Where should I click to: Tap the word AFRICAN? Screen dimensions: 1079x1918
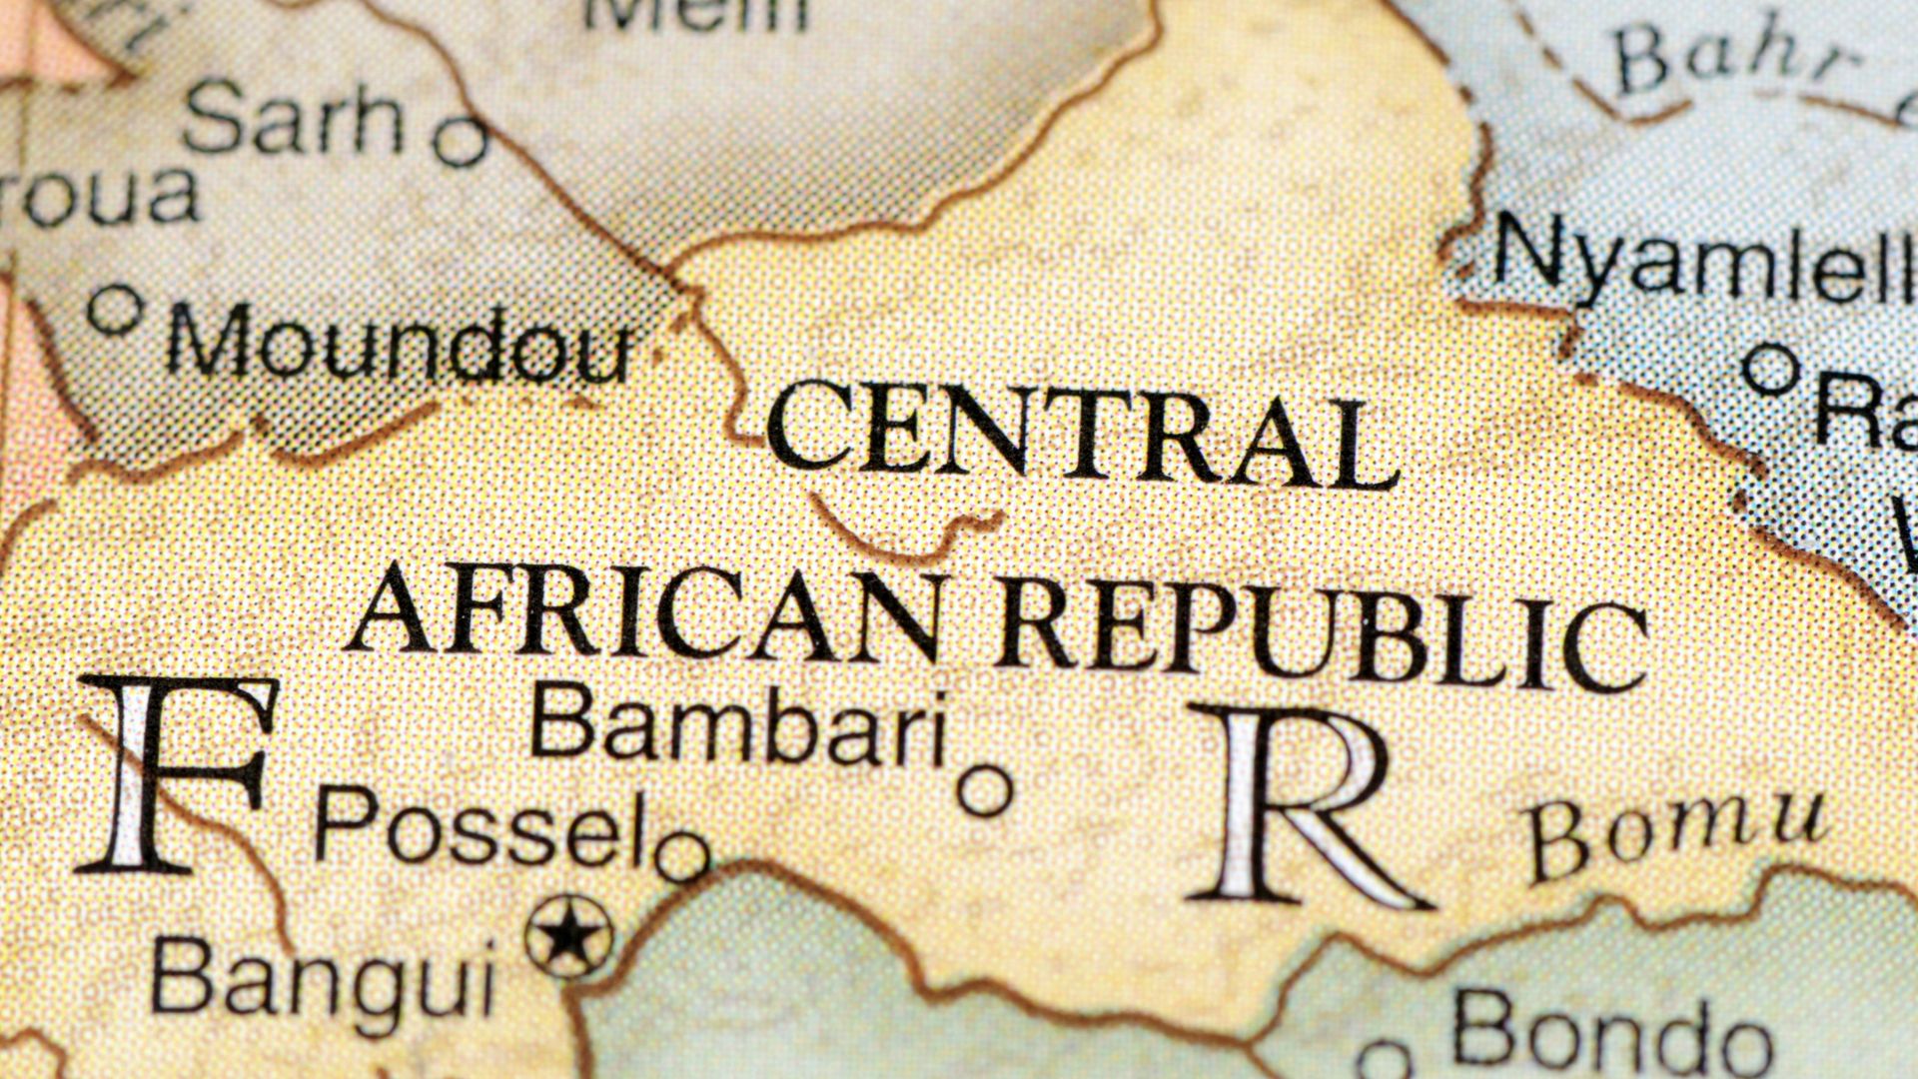(644, 610)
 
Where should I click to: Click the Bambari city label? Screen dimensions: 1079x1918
(737, 724)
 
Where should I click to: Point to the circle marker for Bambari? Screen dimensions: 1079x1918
(985, 791)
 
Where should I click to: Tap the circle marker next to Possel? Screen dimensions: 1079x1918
(682, 856)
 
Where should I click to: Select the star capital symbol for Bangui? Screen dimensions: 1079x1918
(568, 936)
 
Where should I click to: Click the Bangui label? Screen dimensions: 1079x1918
(323, 977)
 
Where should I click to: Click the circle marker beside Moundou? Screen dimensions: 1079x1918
(115, 310)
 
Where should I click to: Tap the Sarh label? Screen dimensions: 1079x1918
(294, 119)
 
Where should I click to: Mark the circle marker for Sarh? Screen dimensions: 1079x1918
(461, 140)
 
